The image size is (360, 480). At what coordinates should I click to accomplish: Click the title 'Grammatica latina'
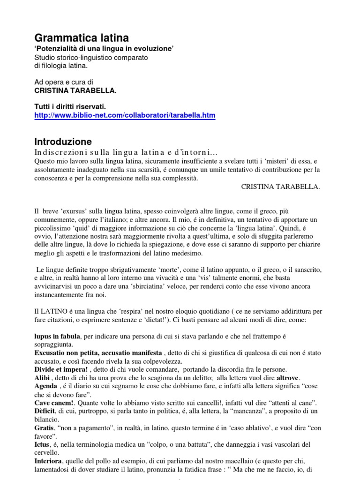point(82,37)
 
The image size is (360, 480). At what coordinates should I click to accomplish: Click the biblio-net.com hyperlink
point(125,115)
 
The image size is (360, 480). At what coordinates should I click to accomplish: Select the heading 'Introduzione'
point(63,142)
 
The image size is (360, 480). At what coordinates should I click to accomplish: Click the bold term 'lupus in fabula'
point(57,336)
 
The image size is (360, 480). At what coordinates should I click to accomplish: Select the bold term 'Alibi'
point(43,378)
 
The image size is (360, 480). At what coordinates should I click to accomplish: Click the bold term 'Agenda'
point(47,386)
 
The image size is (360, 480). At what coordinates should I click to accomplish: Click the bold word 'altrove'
point(287,378)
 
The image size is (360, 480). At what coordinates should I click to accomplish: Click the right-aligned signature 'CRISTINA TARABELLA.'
point(280,187)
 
